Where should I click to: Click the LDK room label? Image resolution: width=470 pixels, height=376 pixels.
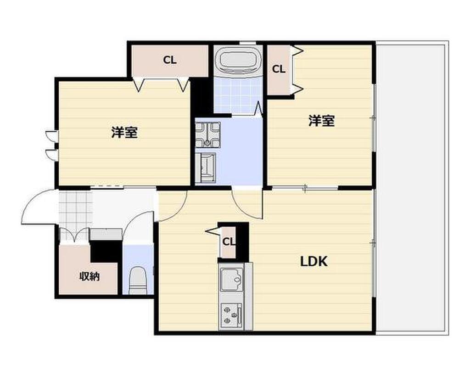[x=314, y=262]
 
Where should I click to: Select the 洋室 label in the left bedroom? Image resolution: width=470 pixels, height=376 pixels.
[x=124, y=133]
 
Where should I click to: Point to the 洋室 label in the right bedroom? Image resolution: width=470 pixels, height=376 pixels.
[x=321, y=121]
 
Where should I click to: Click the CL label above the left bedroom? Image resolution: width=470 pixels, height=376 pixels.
[x=170, y=60]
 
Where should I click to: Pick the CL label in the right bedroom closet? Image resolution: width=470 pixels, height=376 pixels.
[x=279, y=69]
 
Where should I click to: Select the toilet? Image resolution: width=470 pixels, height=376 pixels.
[x=137, y=281]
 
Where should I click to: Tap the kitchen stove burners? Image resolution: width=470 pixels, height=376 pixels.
[x=231, y=315]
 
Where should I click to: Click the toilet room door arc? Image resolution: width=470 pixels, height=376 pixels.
[x=137, y=225]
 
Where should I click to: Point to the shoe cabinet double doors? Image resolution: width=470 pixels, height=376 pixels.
[x=74, y=235]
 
